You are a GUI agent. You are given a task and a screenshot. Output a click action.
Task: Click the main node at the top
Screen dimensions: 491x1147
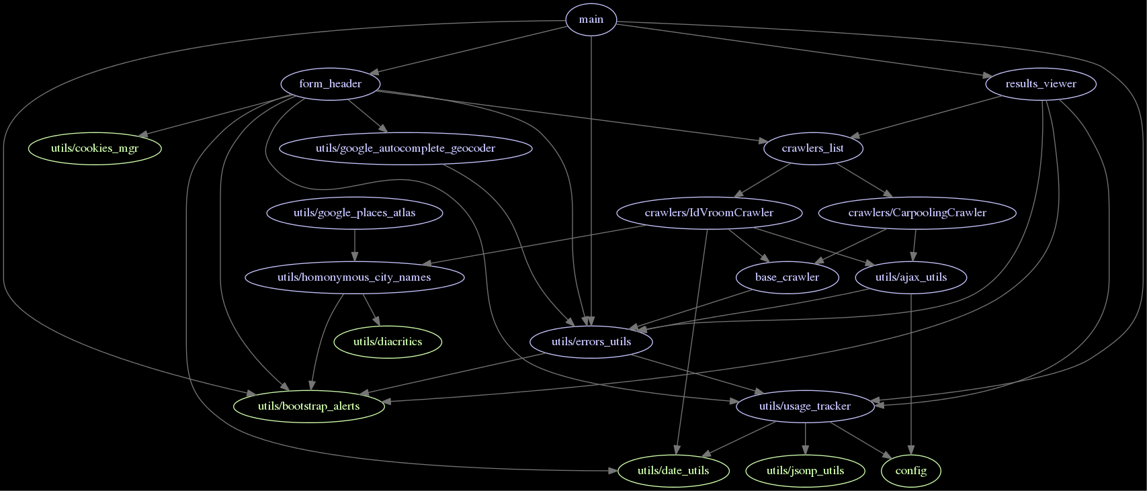pos(591,19)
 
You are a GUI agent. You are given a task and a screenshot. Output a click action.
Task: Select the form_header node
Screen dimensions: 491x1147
pos(330,84)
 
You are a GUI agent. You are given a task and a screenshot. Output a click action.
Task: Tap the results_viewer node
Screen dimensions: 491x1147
pos(1040,84)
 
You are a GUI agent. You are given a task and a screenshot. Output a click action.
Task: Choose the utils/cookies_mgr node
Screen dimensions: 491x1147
pos(95,148)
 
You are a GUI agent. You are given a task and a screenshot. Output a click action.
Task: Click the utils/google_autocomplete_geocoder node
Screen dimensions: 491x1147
pos(405,148)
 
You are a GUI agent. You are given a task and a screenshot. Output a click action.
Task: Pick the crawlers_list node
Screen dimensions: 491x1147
pos(812,148)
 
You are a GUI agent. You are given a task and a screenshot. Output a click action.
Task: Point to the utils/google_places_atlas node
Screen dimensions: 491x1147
pos(354,213)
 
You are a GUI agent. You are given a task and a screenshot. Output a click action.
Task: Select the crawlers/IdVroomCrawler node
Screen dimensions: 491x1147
pos(709,213)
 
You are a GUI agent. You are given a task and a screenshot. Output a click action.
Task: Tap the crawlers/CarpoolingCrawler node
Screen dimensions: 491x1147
pos(917,213)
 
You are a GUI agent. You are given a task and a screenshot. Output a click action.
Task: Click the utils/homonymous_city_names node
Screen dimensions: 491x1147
pos(354,277)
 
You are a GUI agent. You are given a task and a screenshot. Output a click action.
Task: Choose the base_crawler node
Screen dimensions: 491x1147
pos(787,277)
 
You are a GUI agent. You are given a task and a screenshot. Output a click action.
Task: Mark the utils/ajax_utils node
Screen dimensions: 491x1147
pos(910,277)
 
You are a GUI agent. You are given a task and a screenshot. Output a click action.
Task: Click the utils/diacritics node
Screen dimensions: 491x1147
pos(388,342)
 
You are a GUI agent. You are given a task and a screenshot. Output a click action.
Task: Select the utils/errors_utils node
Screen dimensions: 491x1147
pos(591,342)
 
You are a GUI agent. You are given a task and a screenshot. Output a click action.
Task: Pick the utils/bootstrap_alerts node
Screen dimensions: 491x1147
pos(309,406)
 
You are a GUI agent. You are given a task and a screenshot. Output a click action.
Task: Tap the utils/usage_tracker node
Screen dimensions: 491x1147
pos(804,406)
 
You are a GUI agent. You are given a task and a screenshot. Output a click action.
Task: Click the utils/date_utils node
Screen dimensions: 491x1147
pos(673,470)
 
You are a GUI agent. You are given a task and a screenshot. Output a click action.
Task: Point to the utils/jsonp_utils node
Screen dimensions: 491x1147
pos(805,470)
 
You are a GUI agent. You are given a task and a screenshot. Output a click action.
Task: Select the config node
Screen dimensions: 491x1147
pos(910,470)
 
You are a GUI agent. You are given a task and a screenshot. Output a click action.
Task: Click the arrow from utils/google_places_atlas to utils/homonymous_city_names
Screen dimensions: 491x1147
pos(354,245)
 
